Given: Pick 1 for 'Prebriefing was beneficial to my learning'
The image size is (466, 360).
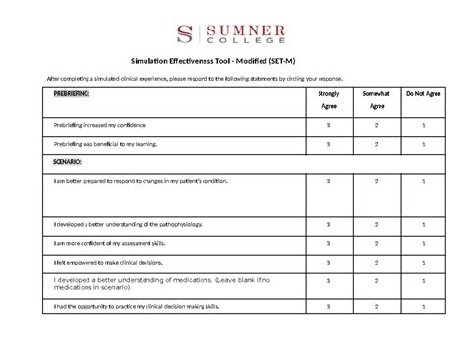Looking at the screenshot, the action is click(422, 144).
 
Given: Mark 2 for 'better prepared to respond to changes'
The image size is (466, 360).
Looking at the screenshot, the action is click(376, 181).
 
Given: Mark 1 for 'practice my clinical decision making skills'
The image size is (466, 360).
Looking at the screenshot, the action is click(422, 308).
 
